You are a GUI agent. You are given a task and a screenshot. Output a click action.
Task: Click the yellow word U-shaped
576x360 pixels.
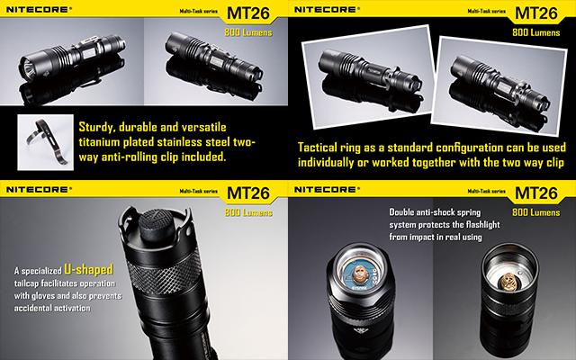click(88, 269)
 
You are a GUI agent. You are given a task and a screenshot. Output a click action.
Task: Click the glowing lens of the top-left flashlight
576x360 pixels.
click(30, 68)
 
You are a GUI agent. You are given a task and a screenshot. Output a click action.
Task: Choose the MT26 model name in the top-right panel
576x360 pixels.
click(536, 13)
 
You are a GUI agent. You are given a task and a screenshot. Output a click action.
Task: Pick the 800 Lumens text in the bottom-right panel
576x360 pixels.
click(536, 212)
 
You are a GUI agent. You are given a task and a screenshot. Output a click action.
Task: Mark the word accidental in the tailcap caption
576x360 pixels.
click(34, 308)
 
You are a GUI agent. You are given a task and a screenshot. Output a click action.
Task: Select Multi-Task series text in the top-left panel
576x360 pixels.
click(198, 11)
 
